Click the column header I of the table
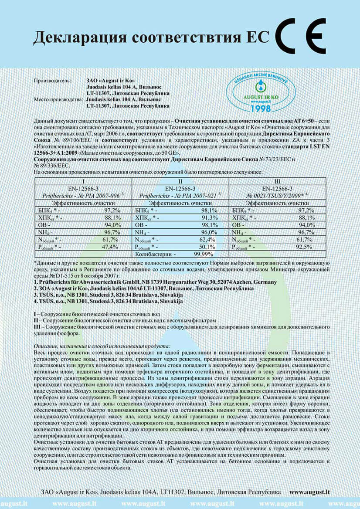coord(83,181)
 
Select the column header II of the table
coord(181,181)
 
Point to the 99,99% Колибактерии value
coord(204,254)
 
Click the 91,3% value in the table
coord(208,217)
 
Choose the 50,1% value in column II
coord(208,247)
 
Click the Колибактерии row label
coord(156,254)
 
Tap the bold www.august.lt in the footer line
coord(309,492)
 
